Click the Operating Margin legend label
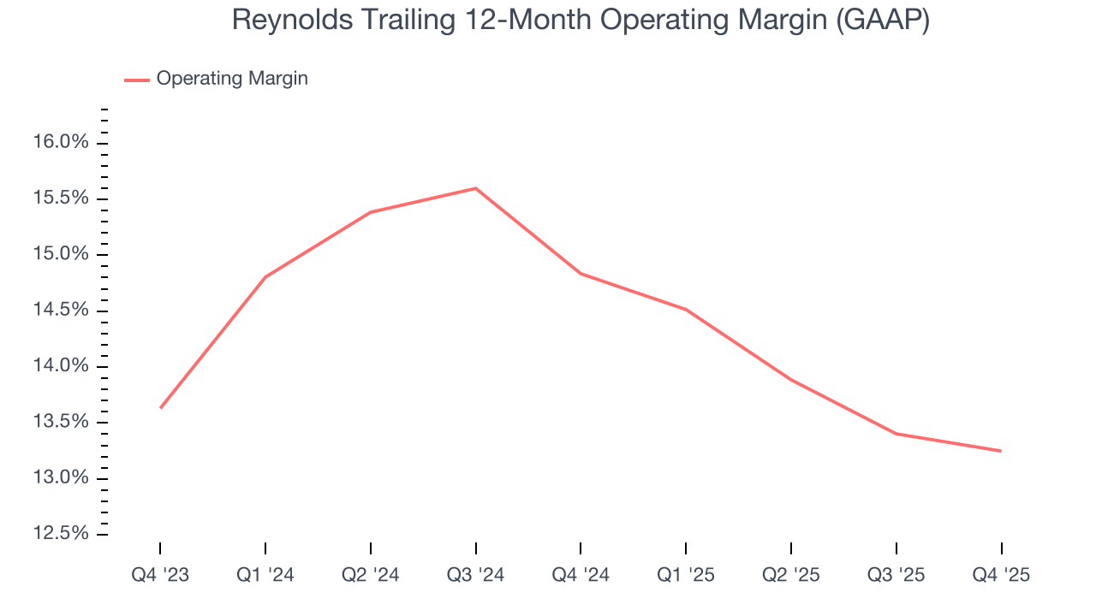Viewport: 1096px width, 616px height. pos(232,79)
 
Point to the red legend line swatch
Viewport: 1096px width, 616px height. pos(137,80)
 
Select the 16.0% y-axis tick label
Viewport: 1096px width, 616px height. pos(61,142)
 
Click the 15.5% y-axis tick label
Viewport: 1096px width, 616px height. pos(61,198)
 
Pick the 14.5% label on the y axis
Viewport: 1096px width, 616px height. pos(61,310)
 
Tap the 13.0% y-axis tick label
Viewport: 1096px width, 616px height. pos(61,477)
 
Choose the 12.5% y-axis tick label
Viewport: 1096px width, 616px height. pos(61,534)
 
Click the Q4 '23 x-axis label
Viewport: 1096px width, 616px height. pos(160,576)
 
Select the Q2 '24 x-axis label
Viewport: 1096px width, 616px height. pos(370,576)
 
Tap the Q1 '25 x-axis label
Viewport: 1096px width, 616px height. pos(686,576)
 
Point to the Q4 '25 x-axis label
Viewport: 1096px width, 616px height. pos(1001,576)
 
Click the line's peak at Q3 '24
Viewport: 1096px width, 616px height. pos(476,188)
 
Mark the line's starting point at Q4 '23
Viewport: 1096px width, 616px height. pos(161,408)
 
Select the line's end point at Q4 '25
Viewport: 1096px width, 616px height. pos(1000,451)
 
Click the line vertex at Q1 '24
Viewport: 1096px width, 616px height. pos(265,277)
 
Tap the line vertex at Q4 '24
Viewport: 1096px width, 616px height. pos(581,274)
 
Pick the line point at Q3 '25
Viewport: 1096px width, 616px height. pos(896,434)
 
